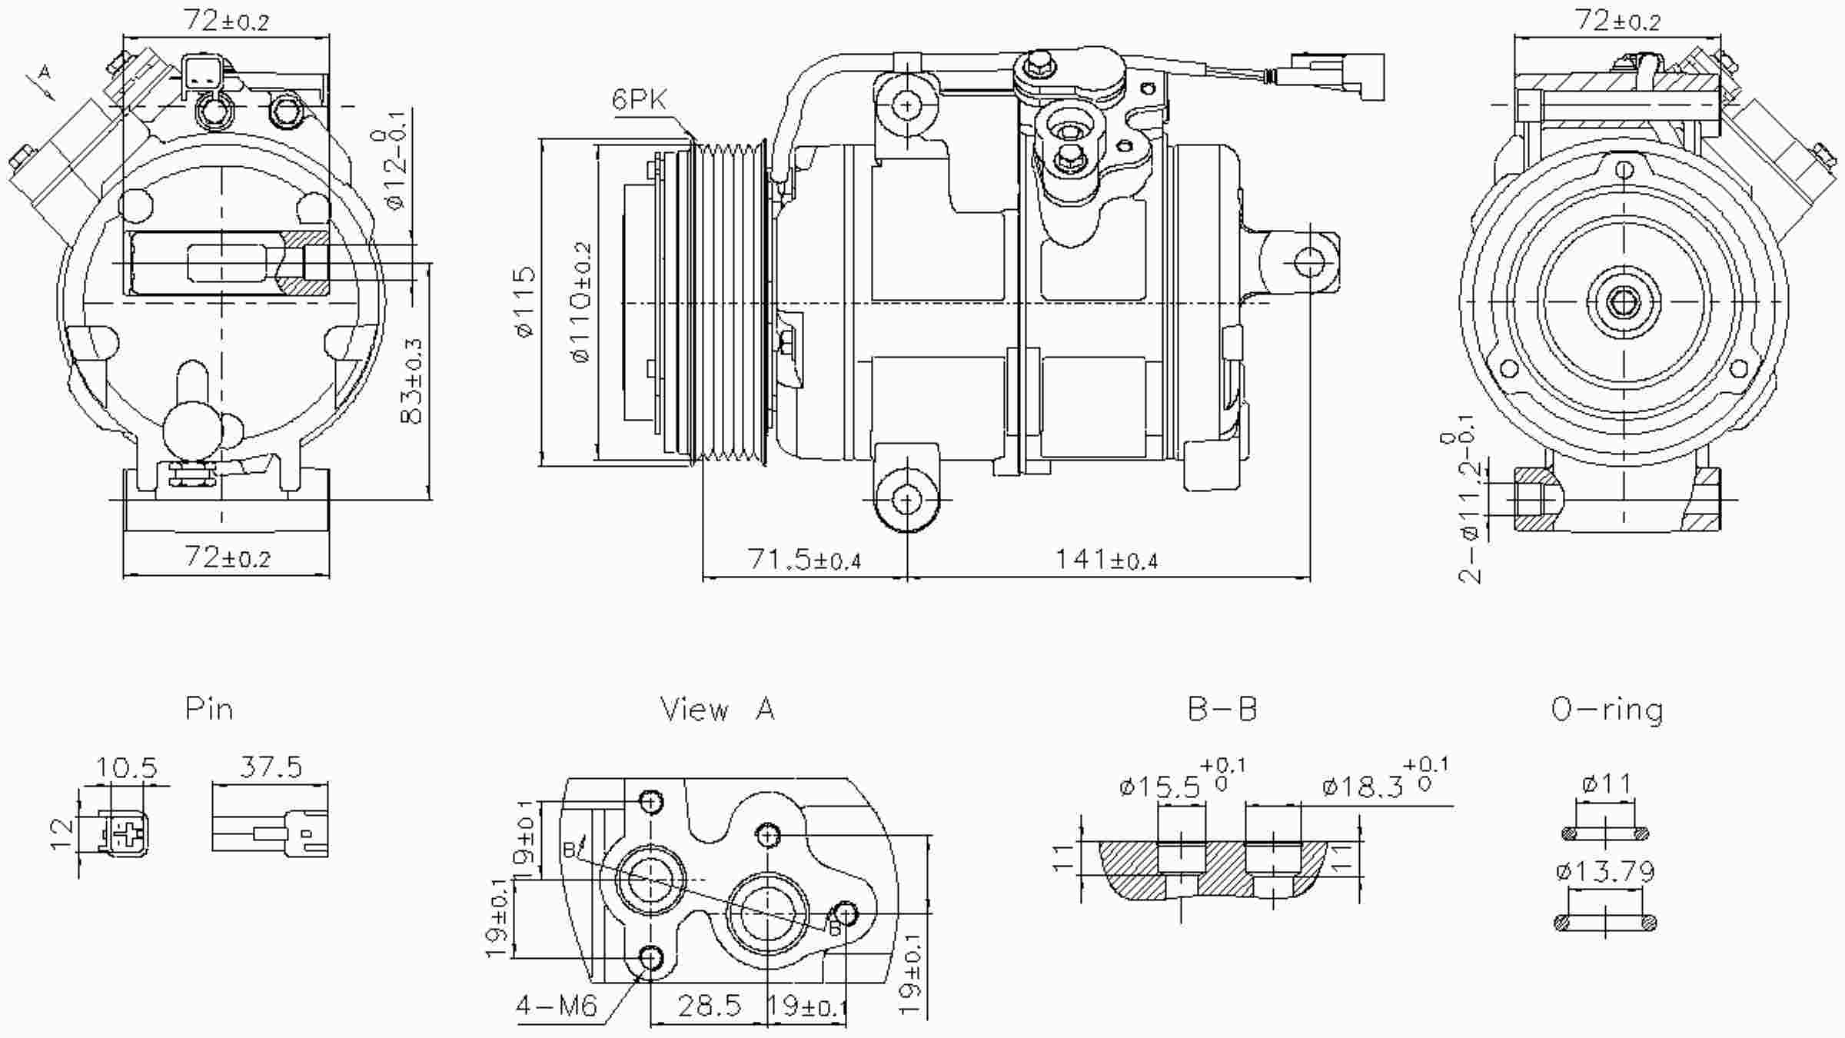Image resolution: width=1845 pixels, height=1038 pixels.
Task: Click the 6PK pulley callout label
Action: (x=639, y=99)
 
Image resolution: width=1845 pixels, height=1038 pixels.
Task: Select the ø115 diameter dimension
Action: (x=525, y=301)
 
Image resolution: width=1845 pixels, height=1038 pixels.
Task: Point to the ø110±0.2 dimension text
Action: (x=583, y=301)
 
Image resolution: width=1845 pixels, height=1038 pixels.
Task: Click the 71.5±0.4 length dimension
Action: (x=803, y=560)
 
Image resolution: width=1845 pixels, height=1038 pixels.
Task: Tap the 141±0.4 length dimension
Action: (x=1105, y=560)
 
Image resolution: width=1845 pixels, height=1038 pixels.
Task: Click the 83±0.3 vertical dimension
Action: (x=413, y=381)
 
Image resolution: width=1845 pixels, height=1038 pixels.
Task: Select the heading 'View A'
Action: (x=717, y=709)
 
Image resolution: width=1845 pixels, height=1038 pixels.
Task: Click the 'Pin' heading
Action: (x=209, y=709)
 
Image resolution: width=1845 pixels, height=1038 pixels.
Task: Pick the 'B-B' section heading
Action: (x=1222, y=709)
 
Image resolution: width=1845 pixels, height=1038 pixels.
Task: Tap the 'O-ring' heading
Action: (x=1607, y=709)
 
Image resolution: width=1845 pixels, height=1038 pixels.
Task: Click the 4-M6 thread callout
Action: (x=556, y=1005)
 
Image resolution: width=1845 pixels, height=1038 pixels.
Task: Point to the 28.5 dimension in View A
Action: (x=709, y=1005)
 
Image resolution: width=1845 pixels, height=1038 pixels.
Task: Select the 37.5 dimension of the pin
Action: (x=271, y=767)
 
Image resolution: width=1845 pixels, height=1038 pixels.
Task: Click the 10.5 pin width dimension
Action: (x=126, y=767)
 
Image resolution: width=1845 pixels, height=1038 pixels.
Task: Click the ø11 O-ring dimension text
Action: (x=1606, y=784)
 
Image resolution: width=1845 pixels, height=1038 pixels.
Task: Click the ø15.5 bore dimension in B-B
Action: (x=1161, y=787)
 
